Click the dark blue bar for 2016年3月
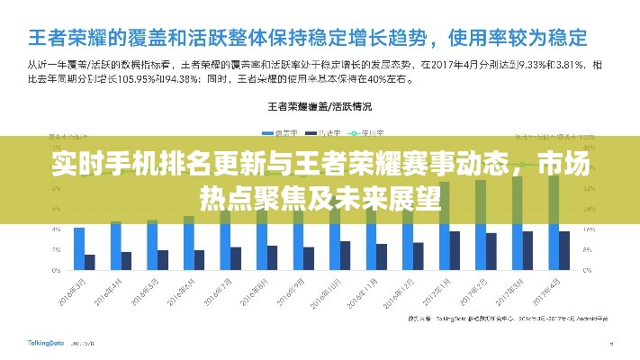pos(90,262)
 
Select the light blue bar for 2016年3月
pos(79,248)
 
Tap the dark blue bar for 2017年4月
pos(564,250)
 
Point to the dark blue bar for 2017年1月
pos(455,250)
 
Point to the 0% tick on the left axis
pos(55,270)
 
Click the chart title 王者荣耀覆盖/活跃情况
pos(319,105)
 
